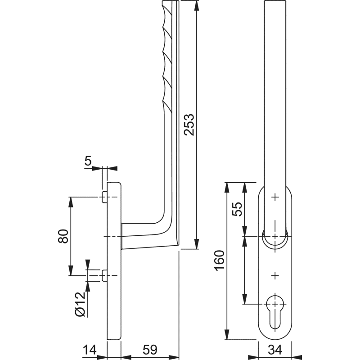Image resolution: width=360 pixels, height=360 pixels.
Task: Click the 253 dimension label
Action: pyautogui.click(x=189, y=124)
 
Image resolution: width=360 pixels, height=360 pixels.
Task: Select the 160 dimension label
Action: pyautogui.click(x=219, y=261)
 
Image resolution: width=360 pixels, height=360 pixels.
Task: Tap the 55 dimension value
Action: pyautogui.click(x=237, y=209)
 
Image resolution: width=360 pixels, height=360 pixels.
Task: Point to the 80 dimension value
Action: pyautogui.click(x=63, y=236)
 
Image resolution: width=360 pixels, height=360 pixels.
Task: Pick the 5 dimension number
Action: pyautogui.click(x=88, y=161)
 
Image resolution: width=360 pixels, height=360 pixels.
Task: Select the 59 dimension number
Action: pyautogui.click(x=150, y=350)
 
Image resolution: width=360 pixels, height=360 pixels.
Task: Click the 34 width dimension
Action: pyautogui.click(x=275, y=350)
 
